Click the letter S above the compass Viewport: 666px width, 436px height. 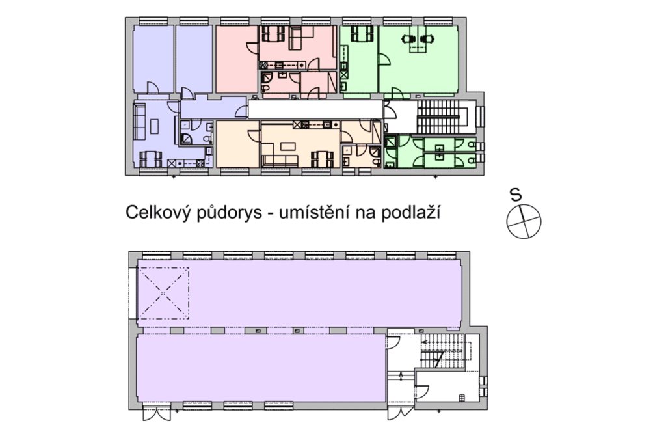[x=516, y=194]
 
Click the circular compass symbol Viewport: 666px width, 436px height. [x=524, y=220]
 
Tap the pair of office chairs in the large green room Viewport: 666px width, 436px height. [x=418, y=40]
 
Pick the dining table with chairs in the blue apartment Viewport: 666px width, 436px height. [x=150, y=157]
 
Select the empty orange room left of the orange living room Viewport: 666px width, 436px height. [x=237, y=144]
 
